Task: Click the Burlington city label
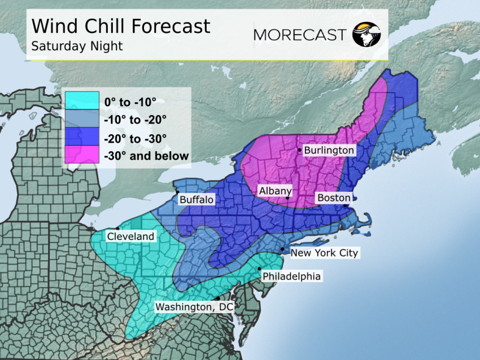pos(329,150)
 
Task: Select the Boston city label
pos(334,197)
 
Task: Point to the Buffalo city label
pos(197,200)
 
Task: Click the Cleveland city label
pos(130,236)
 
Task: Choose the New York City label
pos(324,253)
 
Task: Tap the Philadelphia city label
pos(291,276)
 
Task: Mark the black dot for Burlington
pos(300,150)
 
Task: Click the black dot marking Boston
pos(345,206)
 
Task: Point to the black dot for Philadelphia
pos(259,269)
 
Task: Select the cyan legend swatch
pos(82,102)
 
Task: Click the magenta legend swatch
pos(82,155)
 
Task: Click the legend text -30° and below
pos(146,156)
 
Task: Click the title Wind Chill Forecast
pos(121,26)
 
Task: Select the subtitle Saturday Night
pos(77,46)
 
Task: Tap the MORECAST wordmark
pos(299,34)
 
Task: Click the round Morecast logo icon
pos(366,34)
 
